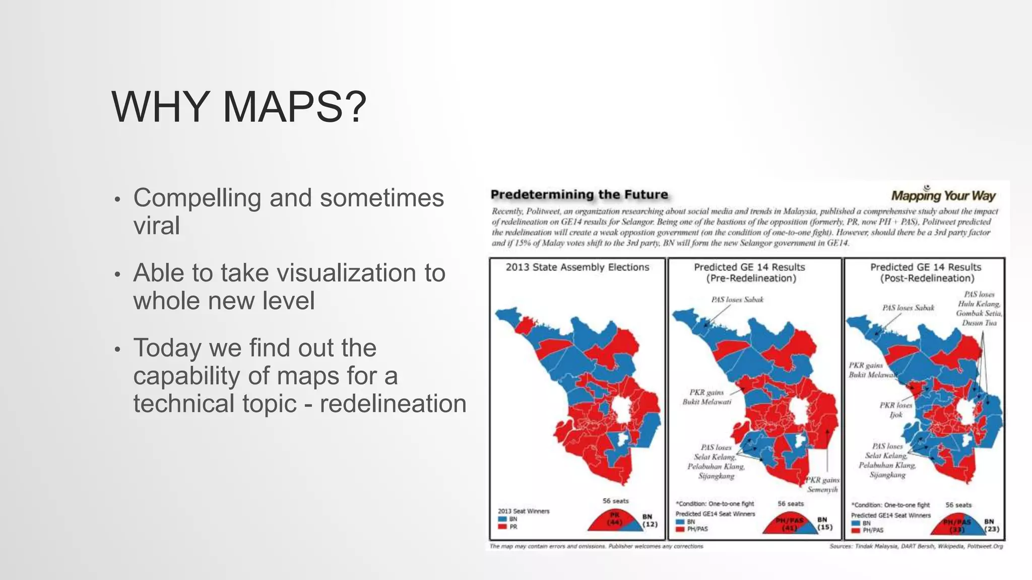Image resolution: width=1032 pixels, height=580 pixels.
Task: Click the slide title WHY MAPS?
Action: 238,107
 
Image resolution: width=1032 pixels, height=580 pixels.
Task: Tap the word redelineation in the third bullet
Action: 393,403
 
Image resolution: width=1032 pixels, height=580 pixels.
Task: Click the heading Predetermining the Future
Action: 579,194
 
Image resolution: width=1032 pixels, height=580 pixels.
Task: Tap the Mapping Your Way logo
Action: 943,195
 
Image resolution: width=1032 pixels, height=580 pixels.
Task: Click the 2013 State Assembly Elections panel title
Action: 577,267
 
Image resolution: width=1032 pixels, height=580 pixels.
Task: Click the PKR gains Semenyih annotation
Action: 822,484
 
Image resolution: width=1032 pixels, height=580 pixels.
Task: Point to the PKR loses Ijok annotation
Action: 896,410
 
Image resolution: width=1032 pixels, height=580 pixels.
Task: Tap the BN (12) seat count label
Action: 649,521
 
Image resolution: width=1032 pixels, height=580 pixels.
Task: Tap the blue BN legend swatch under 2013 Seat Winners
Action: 502,519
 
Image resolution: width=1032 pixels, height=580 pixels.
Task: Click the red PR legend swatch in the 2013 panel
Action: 502,527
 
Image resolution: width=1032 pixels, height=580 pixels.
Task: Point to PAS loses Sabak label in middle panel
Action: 737,300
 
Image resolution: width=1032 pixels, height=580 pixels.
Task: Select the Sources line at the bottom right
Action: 916,546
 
